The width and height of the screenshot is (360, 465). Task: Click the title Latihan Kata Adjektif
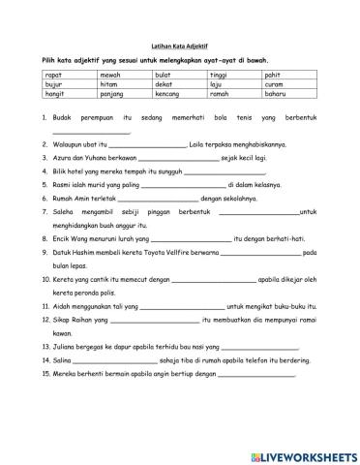(x=179, y=44)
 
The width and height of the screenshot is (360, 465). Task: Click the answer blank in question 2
(x=146, y=144)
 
